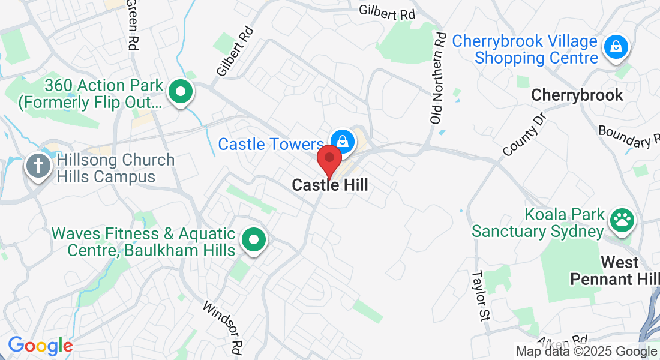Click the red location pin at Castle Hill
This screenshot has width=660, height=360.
[x=329, y=160]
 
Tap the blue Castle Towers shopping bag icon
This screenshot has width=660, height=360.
[x=342, y=141]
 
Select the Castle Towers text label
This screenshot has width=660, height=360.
[x=271, y=145]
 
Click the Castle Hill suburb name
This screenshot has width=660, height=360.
[x=329, y=185]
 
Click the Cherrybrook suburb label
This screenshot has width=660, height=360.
[x=577, y=95]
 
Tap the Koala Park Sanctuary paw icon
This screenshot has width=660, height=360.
[x=621, y=220]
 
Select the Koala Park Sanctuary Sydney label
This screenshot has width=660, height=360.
[x=537, y=223]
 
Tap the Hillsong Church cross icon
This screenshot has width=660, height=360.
[x=38, y=165]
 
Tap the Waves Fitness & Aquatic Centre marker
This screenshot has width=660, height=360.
[x=254, y=241]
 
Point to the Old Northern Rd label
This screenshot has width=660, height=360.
[x=439, y=78]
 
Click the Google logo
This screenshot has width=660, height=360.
[x=40, y=346]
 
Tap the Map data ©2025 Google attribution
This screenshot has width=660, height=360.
[x=586, y=352]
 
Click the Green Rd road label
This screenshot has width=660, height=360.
[x=132, y=25]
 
